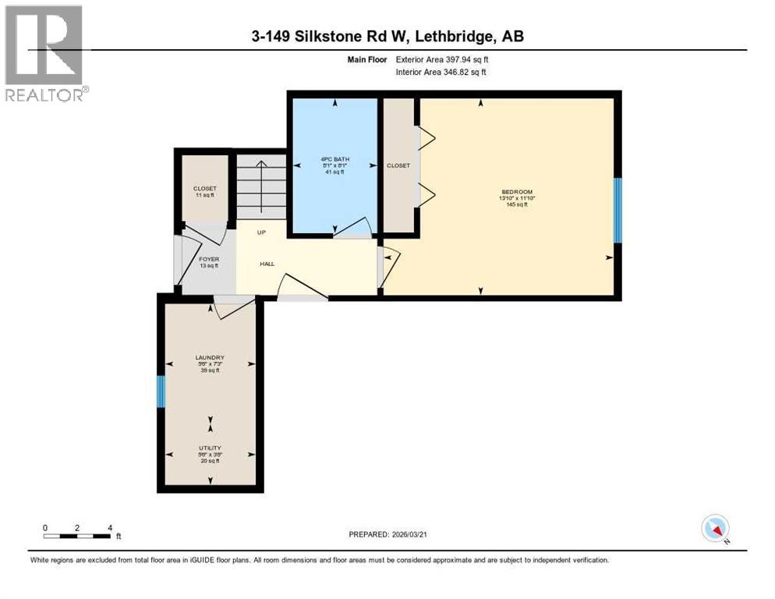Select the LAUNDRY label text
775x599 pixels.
coord(210,358)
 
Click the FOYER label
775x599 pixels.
coord(208,259)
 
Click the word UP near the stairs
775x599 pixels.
coord(264,232)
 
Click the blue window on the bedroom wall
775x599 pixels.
coord(618,211)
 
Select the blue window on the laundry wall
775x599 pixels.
coord(161,392)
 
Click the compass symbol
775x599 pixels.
coord(714,528)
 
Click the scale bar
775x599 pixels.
coord(76,536)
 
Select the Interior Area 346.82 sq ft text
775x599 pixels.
coord(442,73)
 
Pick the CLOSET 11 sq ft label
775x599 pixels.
coord(205,191)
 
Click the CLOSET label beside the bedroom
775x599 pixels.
coord(398,165)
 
